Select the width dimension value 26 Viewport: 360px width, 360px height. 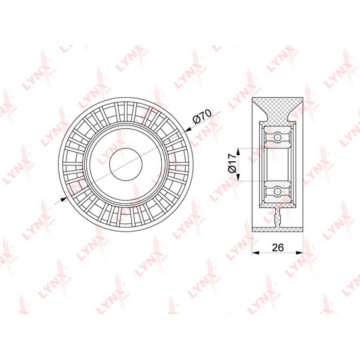pos(278,247)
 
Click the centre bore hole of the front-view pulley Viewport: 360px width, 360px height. pos(126,164)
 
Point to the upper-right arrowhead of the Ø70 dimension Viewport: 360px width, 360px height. pos(189,129)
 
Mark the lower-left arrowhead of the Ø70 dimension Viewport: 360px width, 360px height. pos(63,199)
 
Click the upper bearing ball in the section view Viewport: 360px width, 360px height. pos(277,137)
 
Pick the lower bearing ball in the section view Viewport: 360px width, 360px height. pos(277,191)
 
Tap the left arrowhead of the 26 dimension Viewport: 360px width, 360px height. pos(256,253)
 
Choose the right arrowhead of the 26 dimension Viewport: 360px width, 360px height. pos(299,253)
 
